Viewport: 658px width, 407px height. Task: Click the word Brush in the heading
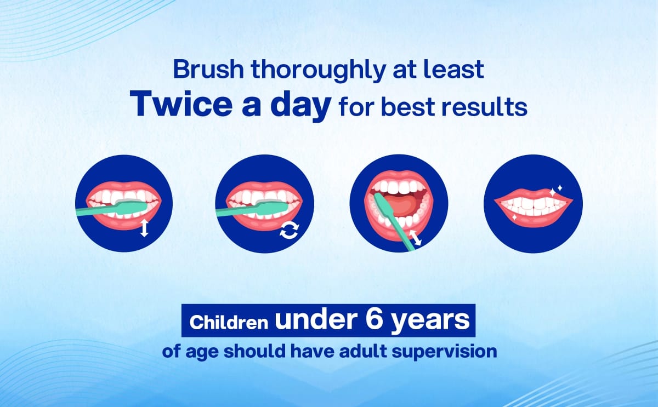pos(208,69)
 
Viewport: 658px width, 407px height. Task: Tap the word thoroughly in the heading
pos(318,71)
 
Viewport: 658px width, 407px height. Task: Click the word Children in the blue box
pos(229,322)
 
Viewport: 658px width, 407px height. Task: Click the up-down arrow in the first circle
pos(144,228)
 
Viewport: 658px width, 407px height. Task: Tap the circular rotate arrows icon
pos(290,231)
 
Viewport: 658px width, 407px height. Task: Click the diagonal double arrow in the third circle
pos(416,238)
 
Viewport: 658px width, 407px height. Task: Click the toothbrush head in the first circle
pos(131,207)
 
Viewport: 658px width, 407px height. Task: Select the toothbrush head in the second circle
pos(272,207)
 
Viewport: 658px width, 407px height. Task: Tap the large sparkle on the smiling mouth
pos(553,193)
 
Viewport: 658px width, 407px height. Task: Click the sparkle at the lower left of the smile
pos(514,217)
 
